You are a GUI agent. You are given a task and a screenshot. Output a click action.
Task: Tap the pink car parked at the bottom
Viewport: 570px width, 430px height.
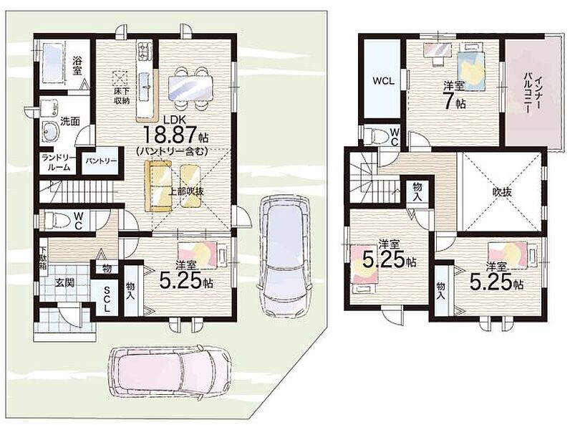tap(171, 371)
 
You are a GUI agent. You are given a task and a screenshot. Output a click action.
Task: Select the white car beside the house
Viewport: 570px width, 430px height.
tap(284, 256)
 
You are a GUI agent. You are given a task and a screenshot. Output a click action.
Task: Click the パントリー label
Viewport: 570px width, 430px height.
tap(101, 161)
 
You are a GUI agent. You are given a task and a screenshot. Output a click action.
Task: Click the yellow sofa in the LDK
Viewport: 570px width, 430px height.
tap(158, 186)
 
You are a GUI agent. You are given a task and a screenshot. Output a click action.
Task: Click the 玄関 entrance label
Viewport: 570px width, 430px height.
tap(64, 282)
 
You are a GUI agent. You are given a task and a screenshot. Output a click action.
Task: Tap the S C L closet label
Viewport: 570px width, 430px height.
tap(107, 299)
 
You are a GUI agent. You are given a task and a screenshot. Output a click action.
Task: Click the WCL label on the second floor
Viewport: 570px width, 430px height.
tap(383, 81)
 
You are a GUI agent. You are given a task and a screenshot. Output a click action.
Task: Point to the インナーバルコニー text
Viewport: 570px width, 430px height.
tap(533, 92)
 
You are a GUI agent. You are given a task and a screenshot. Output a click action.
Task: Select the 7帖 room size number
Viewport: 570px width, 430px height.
tap(453, 102)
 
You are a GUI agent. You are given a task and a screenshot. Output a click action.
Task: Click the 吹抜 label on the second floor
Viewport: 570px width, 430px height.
tap(502, 192)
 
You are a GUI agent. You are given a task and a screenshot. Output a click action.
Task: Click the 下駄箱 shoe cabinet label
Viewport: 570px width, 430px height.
tap(43, 258)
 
